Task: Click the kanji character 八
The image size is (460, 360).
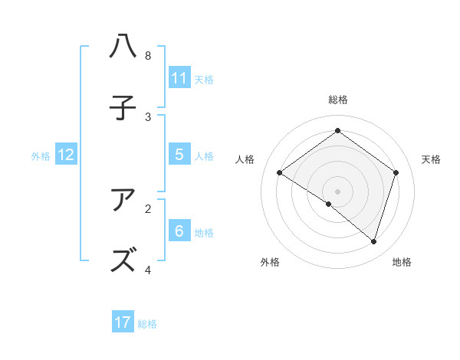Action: [x=123, y=47]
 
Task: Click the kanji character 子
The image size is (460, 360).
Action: [x=123, y=108]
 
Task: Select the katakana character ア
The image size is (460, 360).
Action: [x=123, y=200]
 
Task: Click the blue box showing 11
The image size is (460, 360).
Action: [x=179, y=77]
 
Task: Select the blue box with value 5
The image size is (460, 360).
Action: [x=179, y=154]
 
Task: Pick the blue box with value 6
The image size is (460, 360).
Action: [x=179, y=231]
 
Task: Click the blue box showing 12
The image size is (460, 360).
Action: [x=66, y=154]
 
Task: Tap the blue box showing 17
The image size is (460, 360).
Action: [x=123, y=322]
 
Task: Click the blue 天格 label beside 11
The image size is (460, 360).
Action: [x=204, y=79]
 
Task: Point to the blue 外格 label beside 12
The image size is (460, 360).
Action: [x=41, y=155]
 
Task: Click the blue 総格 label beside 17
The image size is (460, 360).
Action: [x=147, y=324]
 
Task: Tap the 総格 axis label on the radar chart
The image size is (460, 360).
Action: [x=338, y=100]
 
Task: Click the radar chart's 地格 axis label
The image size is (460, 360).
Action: [x=402, y=262]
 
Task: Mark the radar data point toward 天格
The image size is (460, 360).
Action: [x=396, y=172]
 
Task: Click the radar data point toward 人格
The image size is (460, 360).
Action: [x=279, y=172]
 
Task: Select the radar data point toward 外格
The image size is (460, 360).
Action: [x=328, y=205]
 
